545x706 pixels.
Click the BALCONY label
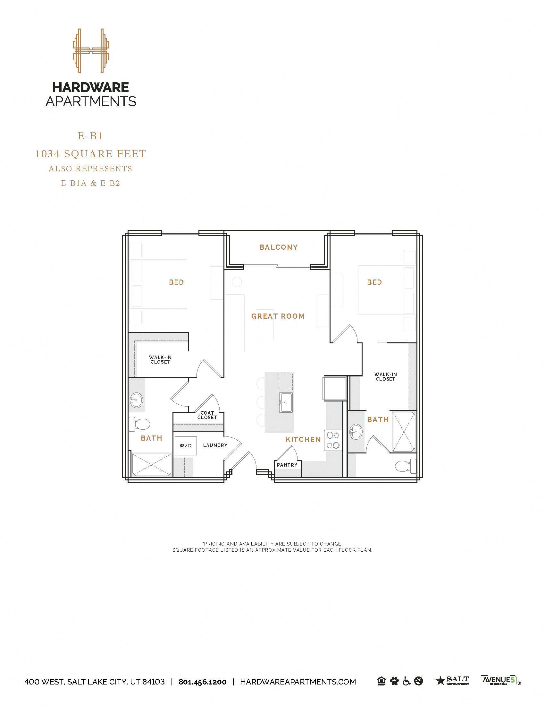pyautogui.click(x=278, y=247)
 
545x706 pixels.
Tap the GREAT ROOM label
pyautogui.click(x=278, y=316)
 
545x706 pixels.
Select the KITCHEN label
pyautogui.click(x=303, y=439)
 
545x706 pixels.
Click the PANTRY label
pyautogui.click(x=287, y=465)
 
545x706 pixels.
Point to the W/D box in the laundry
pyautogui.click(x=185, y=446)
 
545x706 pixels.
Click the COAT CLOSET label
pyautogui.click(x=207, y=415)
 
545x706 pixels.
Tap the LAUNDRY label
pyautogui.click(x=215, y=445)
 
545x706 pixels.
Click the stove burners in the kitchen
pyautogui.click(x=333, y=440)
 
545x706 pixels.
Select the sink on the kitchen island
pyautogui.click(x=286, y=402)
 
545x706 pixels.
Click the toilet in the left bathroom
pyautogui.click(x=139, y=424)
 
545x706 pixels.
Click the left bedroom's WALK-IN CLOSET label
pyautogui.click(x=160, y=359)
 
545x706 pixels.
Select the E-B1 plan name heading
pyautogui.click(x=90, y=136)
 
